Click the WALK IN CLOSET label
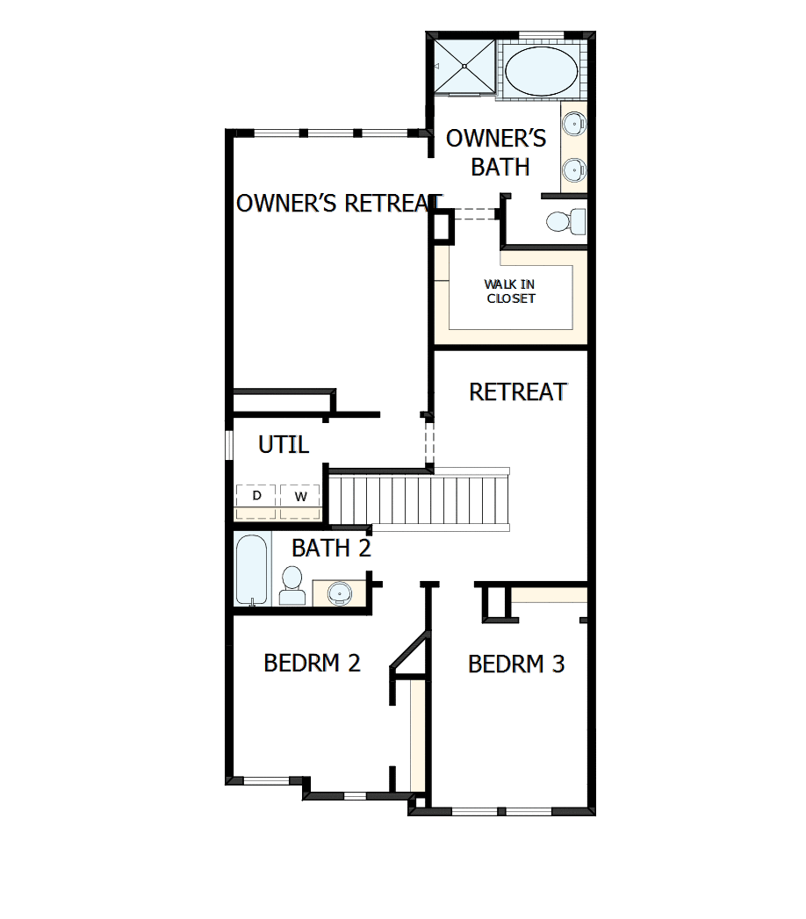tap(509, 291)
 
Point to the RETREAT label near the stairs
tap(517, 391)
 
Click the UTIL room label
tap(283, 445)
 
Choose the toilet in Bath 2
tap(291, 585)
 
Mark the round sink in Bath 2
tap(339, 593)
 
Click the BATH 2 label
tap(331, 549)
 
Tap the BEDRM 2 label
tap(312, 663)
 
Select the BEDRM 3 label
tap(515, 664)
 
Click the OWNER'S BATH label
tap(497, 153)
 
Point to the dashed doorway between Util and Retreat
tap(429, 444)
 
